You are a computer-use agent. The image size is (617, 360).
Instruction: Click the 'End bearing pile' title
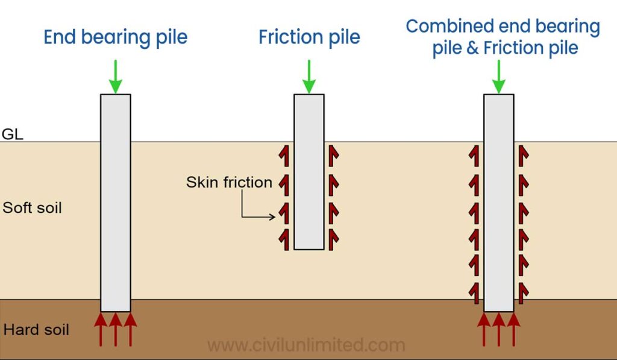[x=115, y=37]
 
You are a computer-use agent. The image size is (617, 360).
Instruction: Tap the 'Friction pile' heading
[x=309, y=37]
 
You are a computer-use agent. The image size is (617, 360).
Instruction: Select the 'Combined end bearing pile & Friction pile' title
[x=503, y=37]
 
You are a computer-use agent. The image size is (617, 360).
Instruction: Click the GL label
[x=12, y=134]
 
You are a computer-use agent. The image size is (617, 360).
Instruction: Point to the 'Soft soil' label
[x=32, y=209]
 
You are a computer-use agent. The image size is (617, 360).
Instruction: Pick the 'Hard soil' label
[x=36, y=330]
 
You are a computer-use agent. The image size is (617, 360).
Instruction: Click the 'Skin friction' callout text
[x=229, y=182]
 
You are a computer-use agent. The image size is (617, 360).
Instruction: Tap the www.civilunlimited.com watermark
[x=306, y=345]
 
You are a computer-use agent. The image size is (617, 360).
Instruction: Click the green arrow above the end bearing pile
[x=116, y=77]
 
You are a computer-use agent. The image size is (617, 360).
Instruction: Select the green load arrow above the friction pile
[x=309, y=77]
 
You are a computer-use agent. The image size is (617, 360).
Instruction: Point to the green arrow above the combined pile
[x=499, y=77]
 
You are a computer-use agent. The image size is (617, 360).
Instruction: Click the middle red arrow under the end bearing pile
[x=116, y=329]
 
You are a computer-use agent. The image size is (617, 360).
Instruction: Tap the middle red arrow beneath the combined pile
[x=499, y=329]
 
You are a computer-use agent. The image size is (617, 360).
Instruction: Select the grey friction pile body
[x=309, y=172]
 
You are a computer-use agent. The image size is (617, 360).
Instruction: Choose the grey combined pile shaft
[x=499, y=202]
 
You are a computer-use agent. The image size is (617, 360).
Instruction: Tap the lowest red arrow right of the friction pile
[x=333, y=238]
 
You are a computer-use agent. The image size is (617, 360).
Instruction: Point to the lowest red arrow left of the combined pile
[x=475, y=291]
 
